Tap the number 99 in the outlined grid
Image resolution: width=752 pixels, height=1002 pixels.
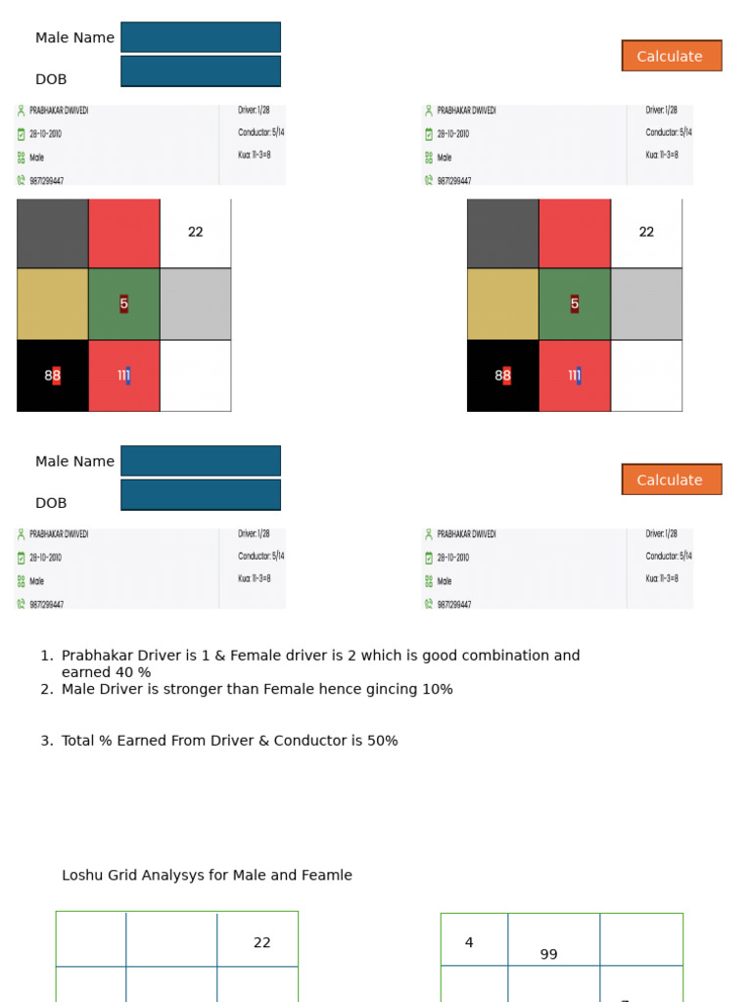pos(548,955)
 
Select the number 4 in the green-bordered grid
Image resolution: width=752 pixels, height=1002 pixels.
pos(469,943)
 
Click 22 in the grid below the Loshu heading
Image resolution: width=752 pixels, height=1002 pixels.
pos(262,943)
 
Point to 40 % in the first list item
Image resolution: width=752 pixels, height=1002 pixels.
pos(135,673)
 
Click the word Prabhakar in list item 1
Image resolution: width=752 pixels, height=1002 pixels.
pos(99,656)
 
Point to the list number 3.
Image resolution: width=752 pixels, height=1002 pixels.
pos(45,742)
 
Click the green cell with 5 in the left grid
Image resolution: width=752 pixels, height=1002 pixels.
pos(124,304)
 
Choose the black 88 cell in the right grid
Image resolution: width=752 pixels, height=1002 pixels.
pos(503,376)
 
